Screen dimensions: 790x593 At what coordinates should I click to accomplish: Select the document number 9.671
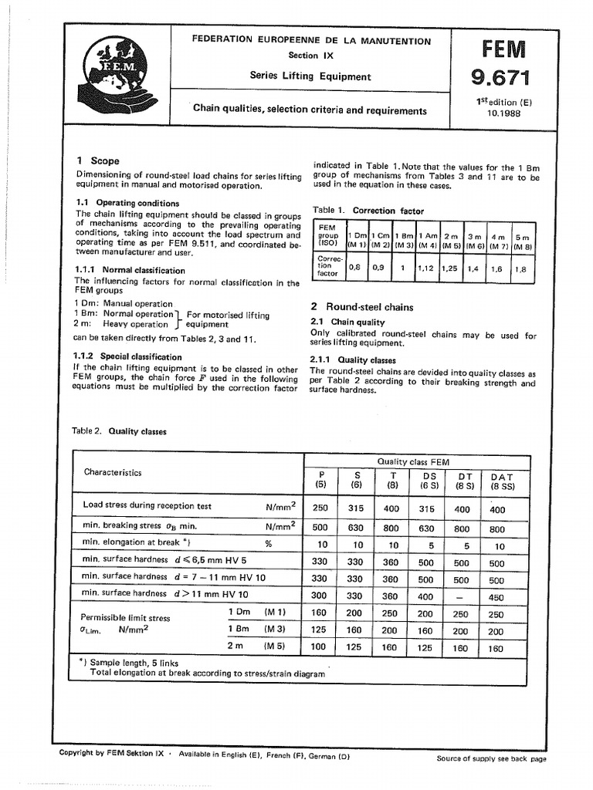[502, 77]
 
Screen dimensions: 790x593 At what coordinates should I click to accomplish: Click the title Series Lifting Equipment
[310, 76]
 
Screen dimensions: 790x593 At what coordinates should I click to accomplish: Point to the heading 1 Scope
[97, 160]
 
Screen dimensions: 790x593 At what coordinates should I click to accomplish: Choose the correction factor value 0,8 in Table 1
[354, 268]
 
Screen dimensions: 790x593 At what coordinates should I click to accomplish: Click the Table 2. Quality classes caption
[119, 432]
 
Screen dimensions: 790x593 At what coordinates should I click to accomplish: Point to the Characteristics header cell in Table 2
[113, 472]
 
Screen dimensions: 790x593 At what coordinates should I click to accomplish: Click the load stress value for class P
[320, 508]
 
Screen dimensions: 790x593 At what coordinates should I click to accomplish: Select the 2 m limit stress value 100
[320, 648]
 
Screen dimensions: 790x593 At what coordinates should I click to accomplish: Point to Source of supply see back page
[491, 758]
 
